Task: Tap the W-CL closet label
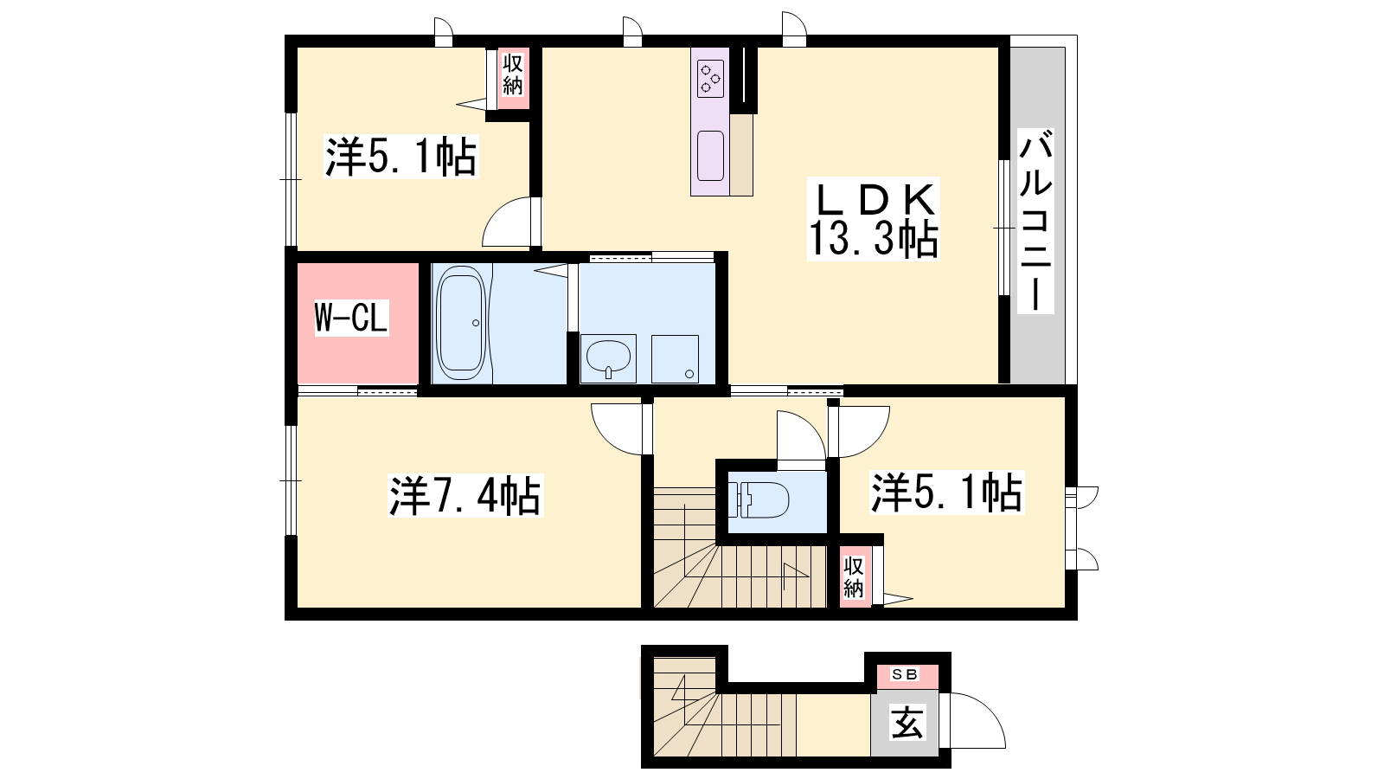(351, 317)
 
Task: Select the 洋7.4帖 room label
(465, 495)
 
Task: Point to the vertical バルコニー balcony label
(1035, 221)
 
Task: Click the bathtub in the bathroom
(460, 323)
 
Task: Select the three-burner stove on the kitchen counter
(710, 78)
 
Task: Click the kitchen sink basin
(710, 156)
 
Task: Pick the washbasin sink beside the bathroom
(608, 358)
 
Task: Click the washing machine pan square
(675, 358)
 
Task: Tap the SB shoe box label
(905, 674)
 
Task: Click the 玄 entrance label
(907, 723)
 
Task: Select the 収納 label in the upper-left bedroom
(513, 74)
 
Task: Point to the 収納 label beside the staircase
(854, 576)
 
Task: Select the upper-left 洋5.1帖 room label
(401, 157)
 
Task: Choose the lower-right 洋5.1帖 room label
(946, 493)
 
